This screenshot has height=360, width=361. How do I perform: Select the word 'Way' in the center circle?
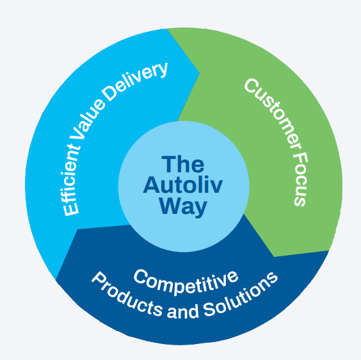[183, 206]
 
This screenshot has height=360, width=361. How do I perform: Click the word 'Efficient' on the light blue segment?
[72, 179]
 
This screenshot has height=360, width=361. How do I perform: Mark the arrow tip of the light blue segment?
[199, 72]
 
